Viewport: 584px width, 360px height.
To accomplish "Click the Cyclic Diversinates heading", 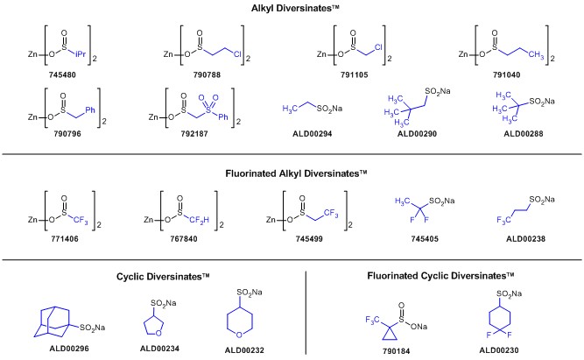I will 163,276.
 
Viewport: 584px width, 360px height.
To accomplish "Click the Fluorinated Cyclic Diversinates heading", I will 440,276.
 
